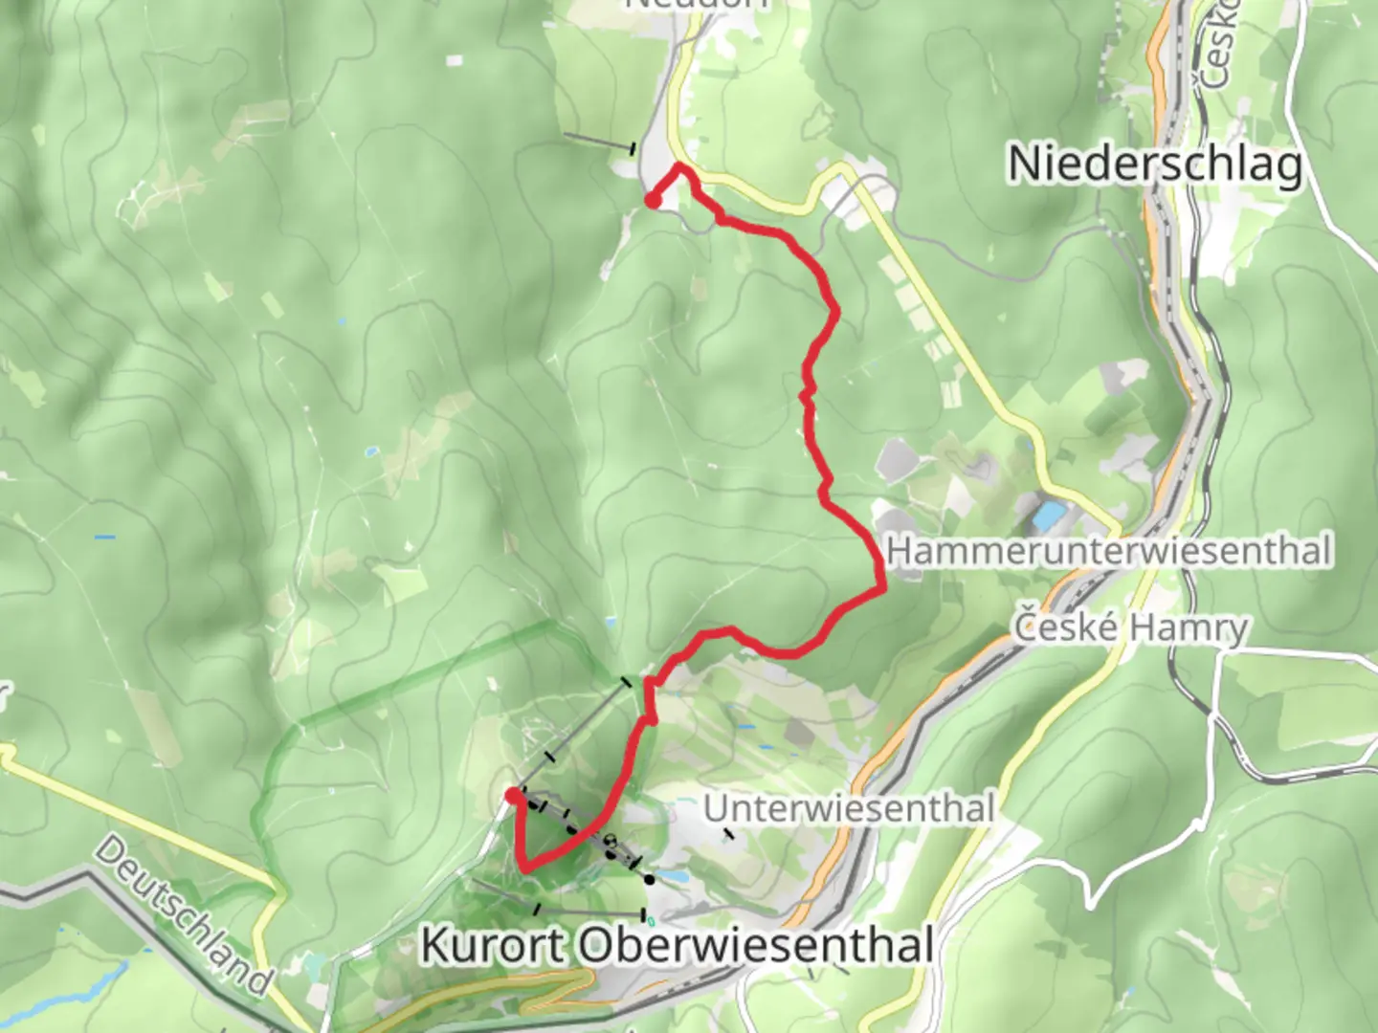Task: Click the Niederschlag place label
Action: (x=1155, y=165)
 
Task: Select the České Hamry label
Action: (x=1131, y=627)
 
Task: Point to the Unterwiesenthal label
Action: (x=849, y=809)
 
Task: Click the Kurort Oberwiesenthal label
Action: (x=678, y=945)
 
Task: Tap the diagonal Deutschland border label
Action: (x=183, y=915)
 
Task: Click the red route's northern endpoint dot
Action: (x=652, y=200)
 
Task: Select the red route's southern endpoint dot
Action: (x=513, y=795)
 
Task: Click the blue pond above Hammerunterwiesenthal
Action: (x=1049, y=516)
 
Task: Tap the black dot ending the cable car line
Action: (x=650, y=879)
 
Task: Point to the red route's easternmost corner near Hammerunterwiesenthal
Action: (x=880, y=590)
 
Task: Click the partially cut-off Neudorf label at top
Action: (x=696, y=5)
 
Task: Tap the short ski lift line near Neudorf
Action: (x=598, y=143)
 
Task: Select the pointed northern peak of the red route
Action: (x=680, y=166)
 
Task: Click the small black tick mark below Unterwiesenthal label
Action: (x=729, y=834)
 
